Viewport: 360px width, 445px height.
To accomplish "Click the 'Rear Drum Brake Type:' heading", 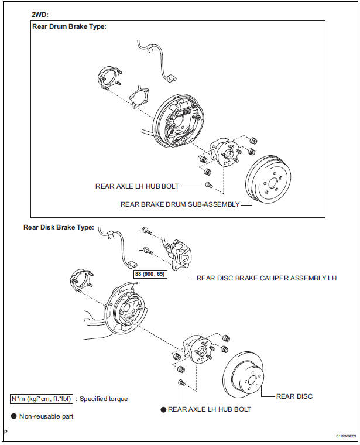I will [70, 27].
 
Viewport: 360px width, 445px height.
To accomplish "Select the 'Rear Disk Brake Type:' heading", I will [59, 227].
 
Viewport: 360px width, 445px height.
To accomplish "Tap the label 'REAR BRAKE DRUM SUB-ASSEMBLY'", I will [180, 204].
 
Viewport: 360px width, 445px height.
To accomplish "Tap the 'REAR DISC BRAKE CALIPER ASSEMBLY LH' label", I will [267, 278].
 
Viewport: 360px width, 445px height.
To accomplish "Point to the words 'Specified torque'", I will [104, 399].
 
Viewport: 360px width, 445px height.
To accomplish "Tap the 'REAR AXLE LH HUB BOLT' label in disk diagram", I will [209, 409].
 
